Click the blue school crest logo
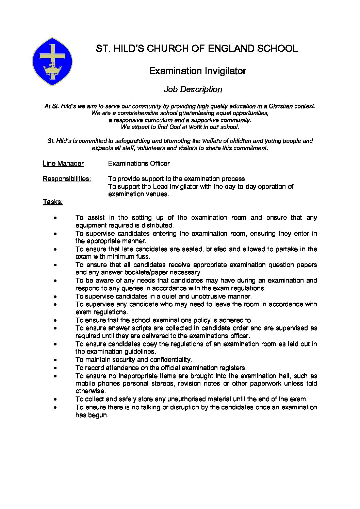click(x=52, y=62)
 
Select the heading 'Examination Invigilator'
click(x=197, y=71)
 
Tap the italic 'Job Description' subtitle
click(x=193, y=89)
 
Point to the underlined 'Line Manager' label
click(x=63, y=164)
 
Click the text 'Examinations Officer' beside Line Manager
click(x=139, y=164)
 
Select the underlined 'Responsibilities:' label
click(x=67, y=179)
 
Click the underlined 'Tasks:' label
click(x=52, y=202)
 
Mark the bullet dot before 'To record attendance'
click(x=55, y=368)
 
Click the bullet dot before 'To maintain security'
click(x=55, y=360)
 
